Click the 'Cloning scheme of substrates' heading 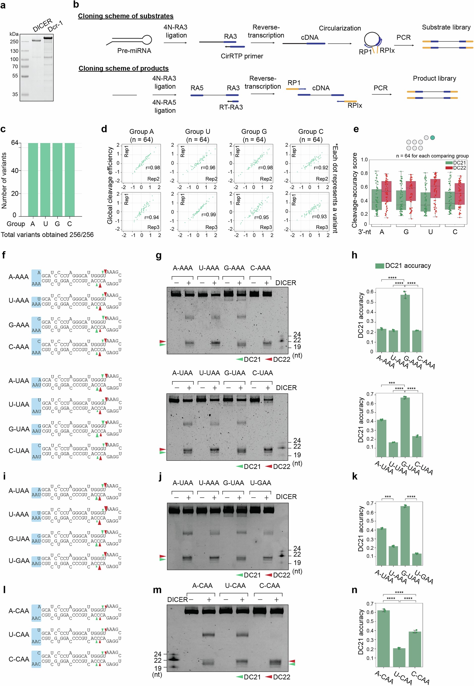[x=126, y=16]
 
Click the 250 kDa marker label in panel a [x=14, y=42]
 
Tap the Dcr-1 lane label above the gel [x=55, y=27]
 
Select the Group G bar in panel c [x=57, y=180]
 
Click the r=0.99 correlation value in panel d [x=208, y=215]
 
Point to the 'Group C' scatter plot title [x=311, y=131]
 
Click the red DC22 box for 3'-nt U [x=435, y=188]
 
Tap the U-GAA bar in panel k [x=417, y=559]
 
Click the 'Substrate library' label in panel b [x=446, y=27]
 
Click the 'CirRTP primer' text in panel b [x=242, y=56]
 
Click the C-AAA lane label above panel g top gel [x=260, y=268]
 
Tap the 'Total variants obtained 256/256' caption [x=47, y=235]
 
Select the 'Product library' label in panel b [x=434, y=79]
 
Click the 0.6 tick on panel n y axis [x=370, y=612]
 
